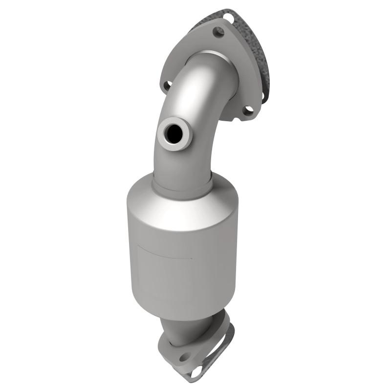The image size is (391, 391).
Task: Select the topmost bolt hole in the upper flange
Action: click(x=219, y=32)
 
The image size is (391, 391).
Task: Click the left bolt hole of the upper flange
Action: click(x=167, y=86)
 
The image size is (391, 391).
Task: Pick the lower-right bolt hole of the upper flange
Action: click(x=248, y=110)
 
